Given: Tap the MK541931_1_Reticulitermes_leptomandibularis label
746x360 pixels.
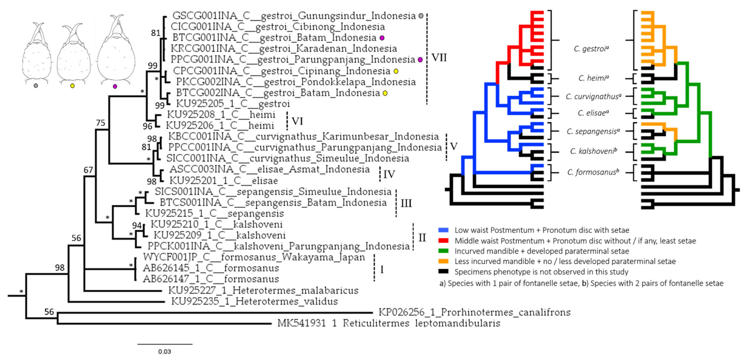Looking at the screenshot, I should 389,323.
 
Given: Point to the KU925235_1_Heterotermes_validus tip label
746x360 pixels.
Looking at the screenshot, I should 254,302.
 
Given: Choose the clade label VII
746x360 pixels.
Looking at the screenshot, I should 439,58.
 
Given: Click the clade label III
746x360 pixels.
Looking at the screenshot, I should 406,203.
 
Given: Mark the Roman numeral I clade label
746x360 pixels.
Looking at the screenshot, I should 382,269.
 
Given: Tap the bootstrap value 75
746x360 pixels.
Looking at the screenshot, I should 100,123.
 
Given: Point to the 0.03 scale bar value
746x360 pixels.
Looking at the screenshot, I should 164,352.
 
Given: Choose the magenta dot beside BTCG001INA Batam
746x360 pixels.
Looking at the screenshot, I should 382,38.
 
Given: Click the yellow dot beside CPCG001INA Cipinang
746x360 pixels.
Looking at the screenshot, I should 396,71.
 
